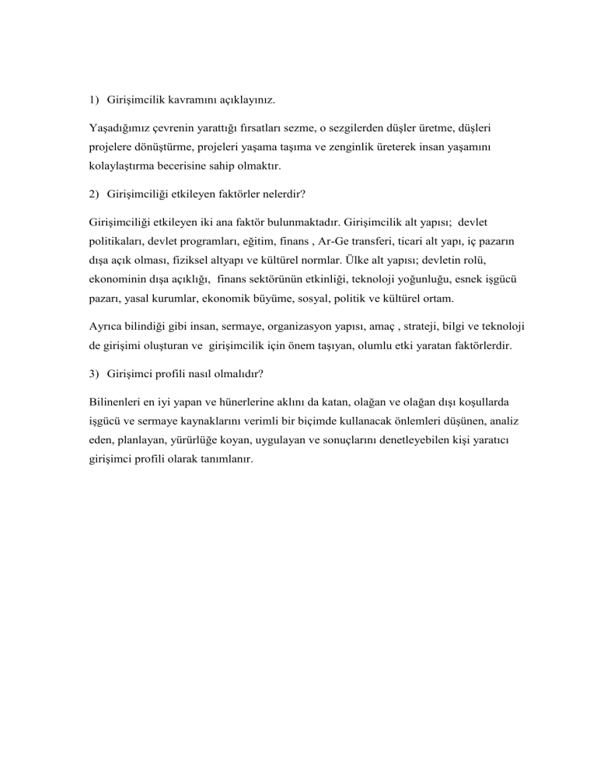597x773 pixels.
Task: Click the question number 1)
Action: click(93, 101)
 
